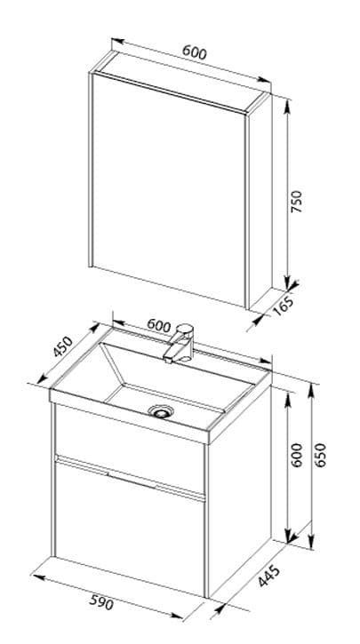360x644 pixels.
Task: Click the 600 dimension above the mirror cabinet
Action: [x=195, y=52]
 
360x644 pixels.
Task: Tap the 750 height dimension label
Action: [x=296, y=201]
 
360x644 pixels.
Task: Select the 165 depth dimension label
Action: [x=283, y=306]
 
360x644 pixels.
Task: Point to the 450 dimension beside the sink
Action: [x=63, y=346]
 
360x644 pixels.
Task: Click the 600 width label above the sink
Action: [x=158, y=325]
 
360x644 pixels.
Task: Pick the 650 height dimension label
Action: [x=320, y=455]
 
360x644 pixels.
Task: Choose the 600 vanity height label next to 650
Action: [x=296, y=455]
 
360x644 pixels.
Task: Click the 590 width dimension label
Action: [x=101, y=602]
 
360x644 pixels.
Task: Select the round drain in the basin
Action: [x=161, y=410]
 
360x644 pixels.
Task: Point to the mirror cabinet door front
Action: [x=169, y=189]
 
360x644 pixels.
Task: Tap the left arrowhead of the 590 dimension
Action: [x=38, y=577]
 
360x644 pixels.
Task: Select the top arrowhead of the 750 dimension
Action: [x=287, y=106]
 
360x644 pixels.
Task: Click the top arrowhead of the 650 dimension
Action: [x=311, y=390]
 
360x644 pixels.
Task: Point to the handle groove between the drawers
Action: [x=130, y=478]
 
